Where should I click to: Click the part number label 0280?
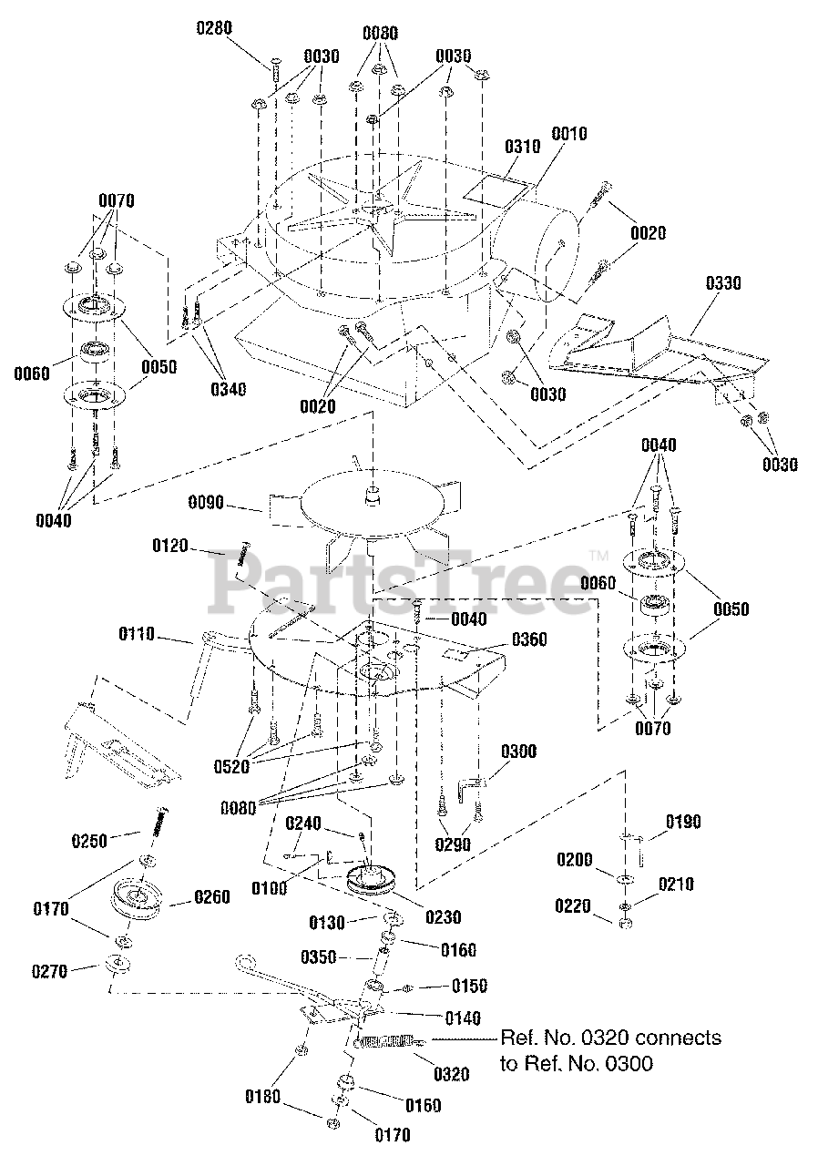click(215, 27)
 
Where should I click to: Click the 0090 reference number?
click(208, 502)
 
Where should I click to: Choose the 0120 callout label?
click(170, 547)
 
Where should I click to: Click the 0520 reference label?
click(230, 766)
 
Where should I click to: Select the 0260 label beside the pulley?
click(210, 896)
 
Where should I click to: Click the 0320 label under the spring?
click(451, 1075)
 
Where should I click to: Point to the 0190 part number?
click(682, 822)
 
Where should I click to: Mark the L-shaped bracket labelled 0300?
click(475, 785)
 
